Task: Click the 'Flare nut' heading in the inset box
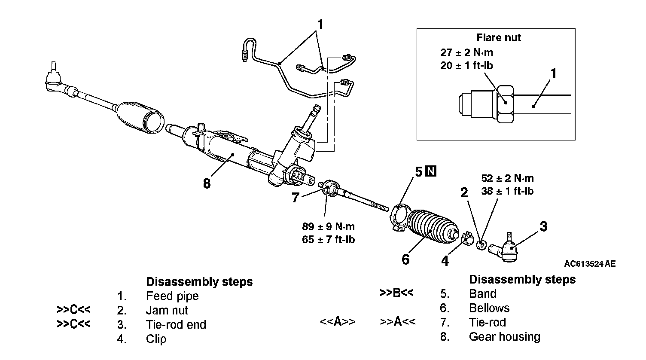click(x=499, y=38)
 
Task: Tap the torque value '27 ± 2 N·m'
click(x=466, y=53)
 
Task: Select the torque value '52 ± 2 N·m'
click(x=508, y=178)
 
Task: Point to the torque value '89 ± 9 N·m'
click(x=329, y=226)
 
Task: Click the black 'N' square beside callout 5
click(x=431, y=171)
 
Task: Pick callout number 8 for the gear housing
click(x=207, y=183)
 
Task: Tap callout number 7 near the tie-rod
click(x=295, y=198)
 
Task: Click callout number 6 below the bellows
click(x=405, y=259)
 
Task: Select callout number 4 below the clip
click(x=445, y=261)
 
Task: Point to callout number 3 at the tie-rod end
click(x=543, y=226)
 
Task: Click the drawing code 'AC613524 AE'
click(x=590, y=264)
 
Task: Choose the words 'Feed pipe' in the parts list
click(x=172, y=296)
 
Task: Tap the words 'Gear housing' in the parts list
click(x=504, y=336)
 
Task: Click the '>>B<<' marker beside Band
click(x=396, y=293)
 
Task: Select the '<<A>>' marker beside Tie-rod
click(x=338, y=322)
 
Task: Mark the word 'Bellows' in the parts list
click(x=489, y=308)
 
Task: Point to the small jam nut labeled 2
click(x=482, y=245)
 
